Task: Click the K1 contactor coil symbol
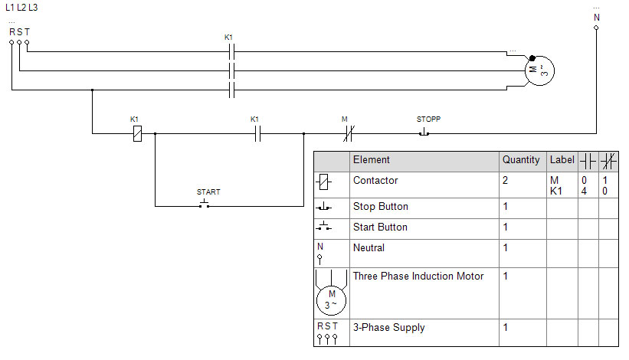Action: [x=137, y=133]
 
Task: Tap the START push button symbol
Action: [x=205, y=204]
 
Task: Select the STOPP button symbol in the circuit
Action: [x=424, y=133]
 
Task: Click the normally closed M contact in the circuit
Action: [x=349, y=133]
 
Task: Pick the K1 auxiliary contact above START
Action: [x=257, y=133]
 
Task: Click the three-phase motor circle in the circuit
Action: [x=539, y=71]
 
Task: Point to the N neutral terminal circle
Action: [x=596, y=28]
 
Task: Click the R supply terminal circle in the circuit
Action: [x=11, y=41]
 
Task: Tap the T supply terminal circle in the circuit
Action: [x=27, y=41]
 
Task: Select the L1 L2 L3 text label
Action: [x=21, y=7]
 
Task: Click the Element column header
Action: [x=371, y=159]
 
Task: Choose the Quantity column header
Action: [x=521, y=159]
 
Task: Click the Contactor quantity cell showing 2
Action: [x=505, y=181]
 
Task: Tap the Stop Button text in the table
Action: [x=380, y=207]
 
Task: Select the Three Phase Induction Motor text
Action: [x=418, y=277]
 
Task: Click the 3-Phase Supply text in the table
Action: [x=388, y=328]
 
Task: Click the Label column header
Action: [x=562, y=159]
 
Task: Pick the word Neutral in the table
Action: [x=369, y=247]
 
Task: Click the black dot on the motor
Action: [x=532, y=58]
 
